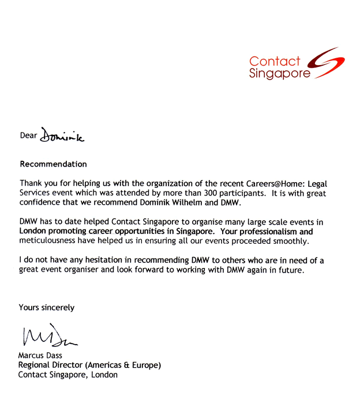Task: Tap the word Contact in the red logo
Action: pyautogui.click(x=275, y=61)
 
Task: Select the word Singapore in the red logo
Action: pyautogui.click(x=279, y=74)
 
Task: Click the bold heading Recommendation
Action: pyautogui.click(x=53, y=164)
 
